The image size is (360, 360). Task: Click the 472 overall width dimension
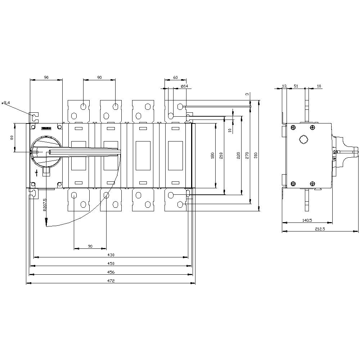tap(111, 281)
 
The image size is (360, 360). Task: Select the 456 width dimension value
tap(111, 272)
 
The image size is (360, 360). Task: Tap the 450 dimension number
tap(111, 264)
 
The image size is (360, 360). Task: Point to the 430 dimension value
tap(111, 255)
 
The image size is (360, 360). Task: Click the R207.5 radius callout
tap(45, 205)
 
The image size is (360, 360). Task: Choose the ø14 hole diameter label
tap(184, 86)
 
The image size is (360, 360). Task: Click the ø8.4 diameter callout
tap(6, 103)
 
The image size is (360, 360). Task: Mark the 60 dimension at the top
tap(175, 77)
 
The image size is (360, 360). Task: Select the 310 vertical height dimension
tap(256, 155)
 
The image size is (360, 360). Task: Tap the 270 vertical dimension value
tap(247, 155)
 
